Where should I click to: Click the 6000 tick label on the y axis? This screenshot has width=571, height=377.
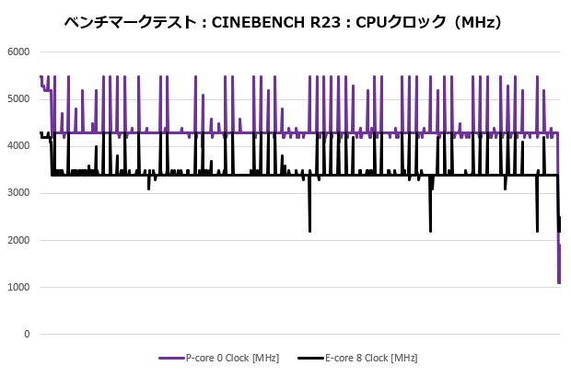(18, 51)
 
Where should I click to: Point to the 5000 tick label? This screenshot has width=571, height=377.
(18, 98)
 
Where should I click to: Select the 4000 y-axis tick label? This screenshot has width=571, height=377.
(18, 146)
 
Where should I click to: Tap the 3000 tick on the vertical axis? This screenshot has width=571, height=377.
(18, 193)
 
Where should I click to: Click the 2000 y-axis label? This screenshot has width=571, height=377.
(18, 240)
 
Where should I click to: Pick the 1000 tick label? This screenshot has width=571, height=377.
(18, 288)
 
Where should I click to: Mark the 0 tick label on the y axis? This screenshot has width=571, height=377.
(27, 335)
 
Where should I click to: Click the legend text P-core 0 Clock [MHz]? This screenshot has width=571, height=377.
(232, 358)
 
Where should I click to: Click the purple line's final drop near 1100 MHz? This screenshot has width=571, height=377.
(559, 281)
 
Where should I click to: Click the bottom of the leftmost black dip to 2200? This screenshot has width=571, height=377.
(309, 231)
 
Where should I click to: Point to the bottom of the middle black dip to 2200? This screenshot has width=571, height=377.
(430, 231)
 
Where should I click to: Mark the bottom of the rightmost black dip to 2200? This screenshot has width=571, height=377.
(538, 231)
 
